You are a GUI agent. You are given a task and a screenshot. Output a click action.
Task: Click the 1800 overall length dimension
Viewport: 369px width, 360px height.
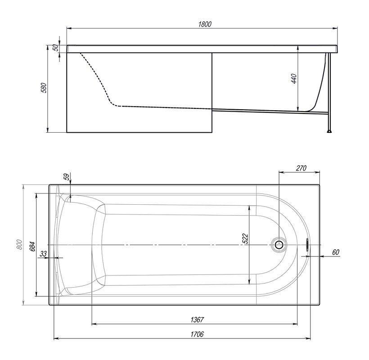click(x=205, y=24)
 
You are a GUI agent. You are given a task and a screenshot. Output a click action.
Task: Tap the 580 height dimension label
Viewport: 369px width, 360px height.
click(x=45, y=88)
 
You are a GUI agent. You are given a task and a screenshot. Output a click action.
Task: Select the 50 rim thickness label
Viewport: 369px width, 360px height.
click(x=55, y=48)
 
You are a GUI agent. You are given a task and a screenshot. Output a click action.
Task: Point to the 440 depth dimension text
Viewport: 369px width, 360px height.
click(x=294, y=79)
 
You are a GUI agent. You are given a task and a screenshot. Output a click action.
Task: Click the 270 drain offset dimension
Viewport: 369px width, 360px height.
click(x=301, y=168)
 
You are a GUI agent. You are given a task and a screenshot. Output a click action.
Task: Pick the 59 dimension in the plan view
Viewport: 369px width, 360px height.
click(x=67, y=177)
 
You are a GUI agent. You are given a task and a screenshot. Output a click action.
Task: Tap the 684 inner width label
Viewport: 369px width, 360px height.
click(x=32, y=246)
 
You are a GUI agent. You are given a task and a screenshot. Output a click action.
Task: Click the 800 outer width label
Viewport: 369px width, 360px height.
click(x=19, y=244)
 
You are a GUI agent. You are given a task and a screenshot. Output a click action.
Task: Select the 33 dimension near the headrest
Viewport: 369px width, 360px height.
click(x=43, y=254)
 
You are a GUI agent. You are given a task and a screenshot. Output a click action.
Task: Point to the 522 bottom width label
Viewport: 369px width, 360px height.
click(x=245, y=238)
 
